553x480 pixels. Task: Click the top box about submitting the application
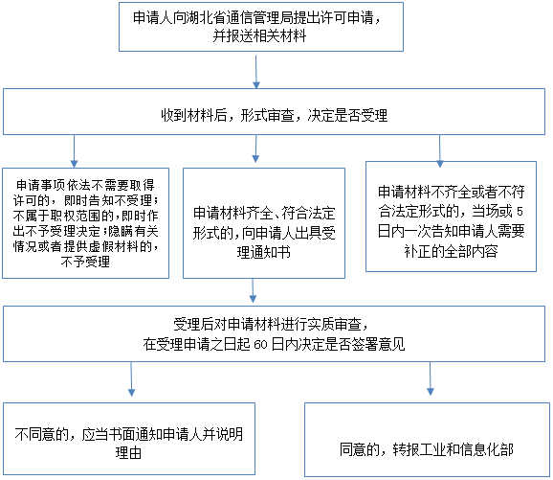coord(261,27)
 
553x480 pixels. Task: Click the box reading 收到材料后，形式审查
coord(274,111)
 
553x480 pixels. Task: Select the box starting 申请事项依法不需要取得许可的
coord(86,223)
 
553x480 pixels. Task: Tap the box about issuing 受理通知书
coord(264,223)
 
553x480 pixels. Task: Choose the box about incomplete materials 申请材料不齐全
coord(451,217)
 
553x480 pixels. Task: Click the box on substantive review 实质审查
coord(274,333)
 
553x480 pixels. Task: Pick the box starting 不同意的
coord(129,439)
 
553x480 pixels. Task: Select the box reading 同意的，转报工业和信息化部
coord(427,440)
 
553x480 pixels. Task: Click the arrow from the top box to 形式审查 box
coord(256,71)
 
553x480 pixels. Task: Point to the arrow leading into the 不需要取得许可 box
coord(74,151)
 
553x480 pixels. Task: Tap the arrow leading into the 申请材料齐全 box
coord(256,149)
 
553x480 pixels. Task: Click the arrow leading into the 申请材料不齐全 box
coord(439,151)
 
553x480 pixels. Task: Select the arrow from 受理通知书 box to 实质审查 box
coord(253,290)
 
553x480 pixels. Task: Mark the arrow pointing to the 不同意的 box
coord(131,379)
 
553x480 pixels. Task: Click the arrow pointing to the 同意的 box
coord(431,378)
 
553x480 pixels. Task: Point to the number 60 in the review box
coord(260,345)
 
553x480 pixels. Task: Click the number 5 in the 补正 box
coord(520,212)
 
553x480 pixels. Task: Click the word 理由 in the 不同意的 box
coord(128,453)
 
